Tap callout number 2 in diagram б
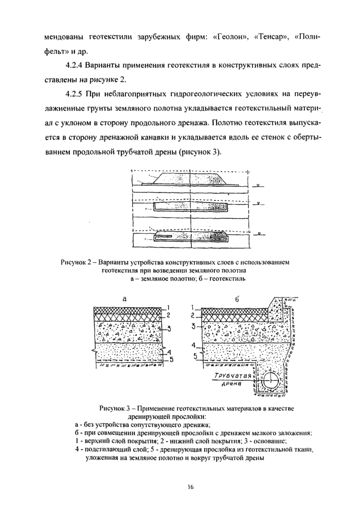coord(192,314)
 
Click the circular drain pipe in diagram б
coord(271,382)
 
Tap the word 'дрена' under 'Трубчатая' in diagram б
coord(231,385)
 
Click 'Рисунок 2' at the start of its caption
coord(77,262)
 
